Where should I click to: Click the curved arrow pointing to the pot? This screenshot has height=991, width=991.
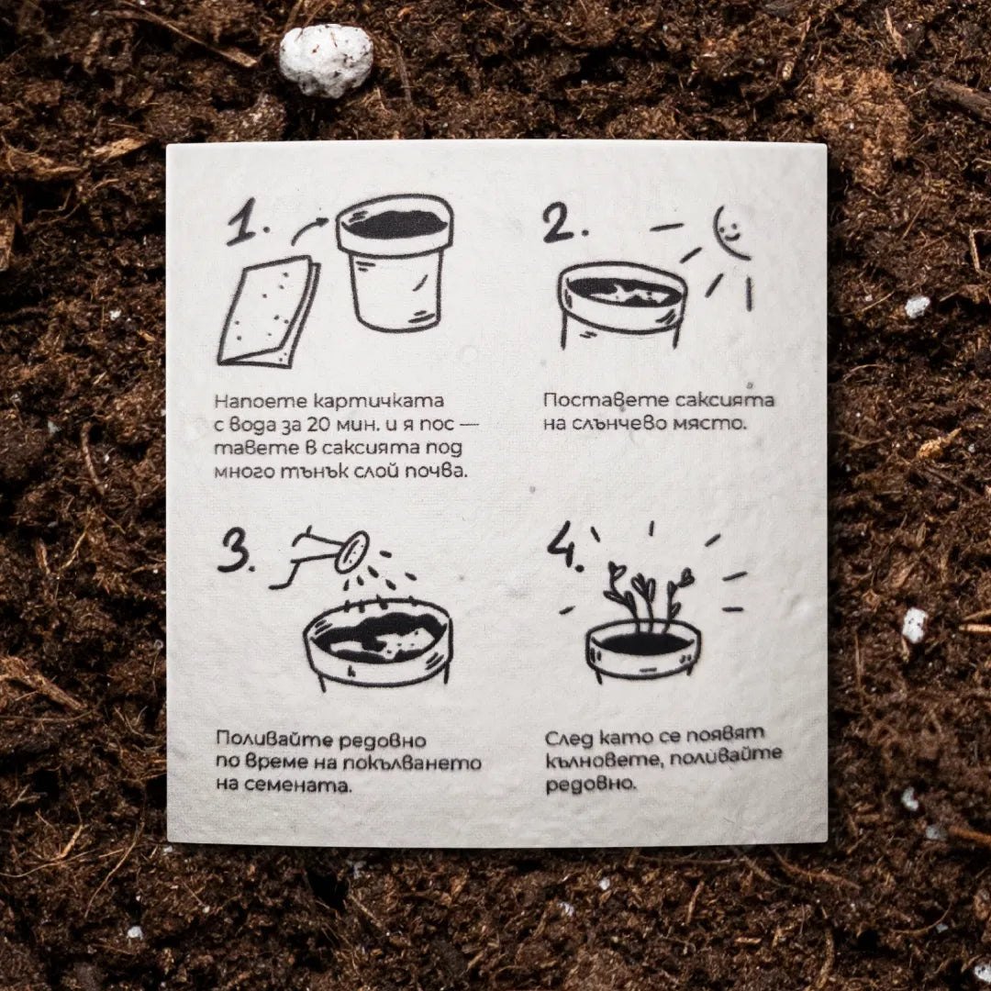coord(310,228)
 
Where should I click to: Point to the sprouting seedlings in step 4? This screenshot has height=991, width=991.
coord(646,594)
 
